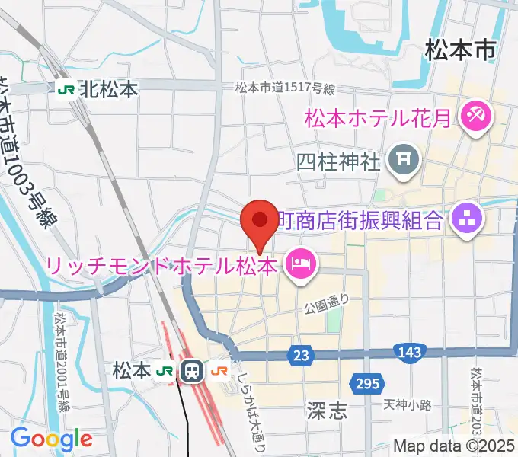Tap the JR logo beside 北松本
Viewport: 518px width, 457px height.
click(x=66, y=90)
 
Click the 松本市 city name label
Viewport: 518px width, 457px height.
click(x=461, y=52)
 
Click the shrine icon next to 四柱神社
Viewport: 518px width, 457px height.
click(x=399, y=160)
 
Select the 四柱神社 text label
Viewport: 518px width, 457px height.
click(x=338, y=161)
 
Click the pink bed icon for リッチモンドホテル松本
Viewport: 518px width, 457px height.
click(x=301, y=265)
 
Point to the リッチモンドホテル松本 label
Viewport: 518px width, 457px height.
click(x=161, y=266)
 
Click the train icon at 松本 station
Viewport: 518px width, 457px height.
click(x=192, y=372)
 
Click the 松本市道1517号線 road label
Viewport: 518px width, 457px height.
click(x=286, y=89)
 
